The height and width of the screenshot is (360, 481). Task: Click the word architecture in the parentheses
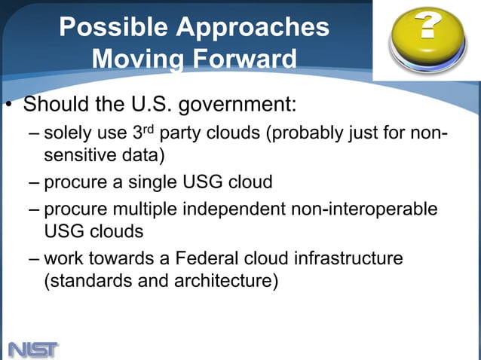[229, 282]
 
